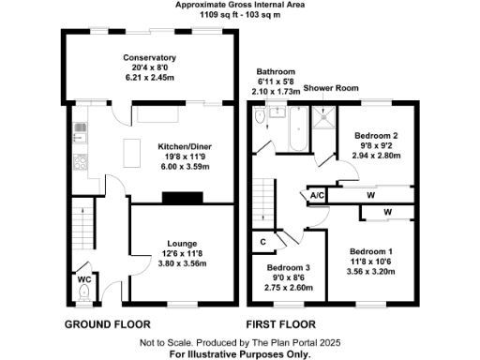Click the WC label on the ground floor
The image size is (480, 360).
[x=83, y=279]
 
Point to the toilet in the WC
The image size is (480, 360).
[x=83, y=293]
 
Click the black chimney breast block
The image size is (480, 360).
[x=182, y=197]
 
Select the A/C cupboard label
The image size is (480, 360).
[x=316, y=195]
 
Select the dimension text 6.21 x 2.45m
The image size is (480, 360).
[x=149, y=78]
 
